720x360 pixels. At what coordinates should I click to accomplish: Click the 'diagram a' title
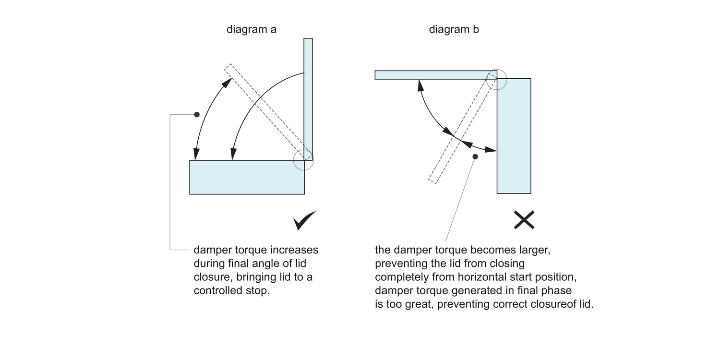(x=251, y=29)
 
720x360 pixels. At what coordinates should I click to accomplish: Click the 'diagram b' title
(x=454, y=29)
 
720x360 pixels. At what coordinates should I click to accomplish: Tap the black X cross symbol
(x=524, y=220)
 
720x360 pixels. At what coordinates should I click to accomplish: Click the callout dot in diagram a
(x=197, y=114)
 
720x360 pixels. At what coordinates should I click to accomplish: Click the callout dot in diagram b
(x=475, y=156)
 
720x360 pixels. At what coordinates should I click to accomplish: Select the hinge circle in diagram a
(x=303, y=159)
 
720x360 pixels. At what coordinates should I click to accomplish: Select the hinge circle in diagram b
(x=497, y=79)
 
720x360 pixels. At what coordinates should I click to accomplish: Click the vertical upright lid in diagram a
(x=308, y=96)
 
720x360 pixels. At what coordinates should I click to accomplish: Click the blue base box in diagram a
(x=247, y=177)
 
